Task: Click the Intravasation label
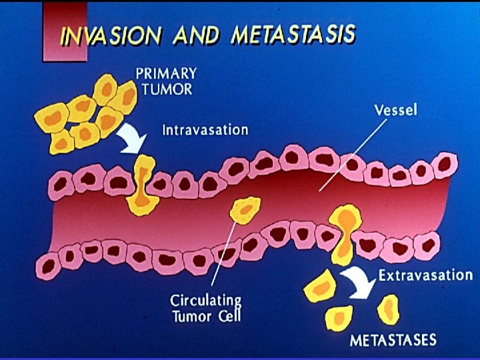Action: click(205, 129)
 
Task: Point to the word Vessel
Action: click(395, 109)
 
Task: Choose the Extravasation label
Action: click(425, 275)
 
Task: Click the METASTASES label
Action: click(393, 340)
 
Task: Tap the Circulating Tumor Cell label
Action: click(205, 307)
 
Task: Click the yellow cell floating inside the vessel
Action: click(244, 211)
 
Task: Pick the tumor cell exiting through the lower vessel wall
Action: click(345, 233)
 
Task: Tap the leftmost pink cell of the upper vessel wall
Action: click(61, 183)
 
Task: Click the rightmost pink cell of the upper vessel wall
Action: click(445, 164)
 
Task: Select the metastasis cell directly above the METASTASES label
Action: click(387, 310)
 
